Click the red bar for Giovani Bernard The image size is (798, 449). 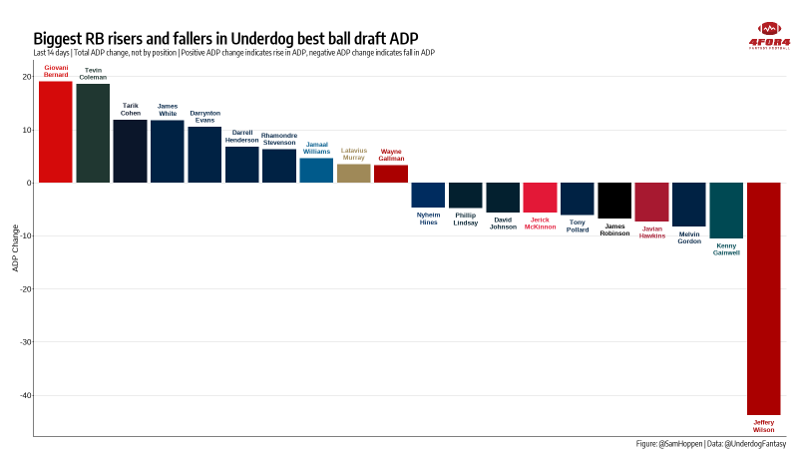click(x=56, y=132)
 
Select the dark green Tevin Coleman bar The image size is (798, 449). click(x=93, y=134)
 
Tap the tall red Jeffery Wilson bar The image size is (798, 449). click(x=764, y=298)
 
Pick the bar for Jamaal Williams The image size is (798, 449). click(x=316, y=171)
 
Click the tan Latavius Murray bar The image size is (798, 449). click(x=354, y=174)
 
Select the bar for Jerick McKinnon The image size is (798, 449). click(x=540, y=197)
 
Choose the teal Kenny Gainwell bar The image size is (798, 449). click(x=726, y=211)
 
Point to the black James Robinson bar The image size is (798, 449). click(x=614, y=201)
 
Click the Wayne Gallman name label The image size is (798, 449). click(x=391, y=155)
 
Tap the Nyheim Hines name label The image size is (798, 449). click(x=428, y=218)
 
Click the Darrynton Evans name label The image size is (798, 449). click(x=204, y=116)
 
